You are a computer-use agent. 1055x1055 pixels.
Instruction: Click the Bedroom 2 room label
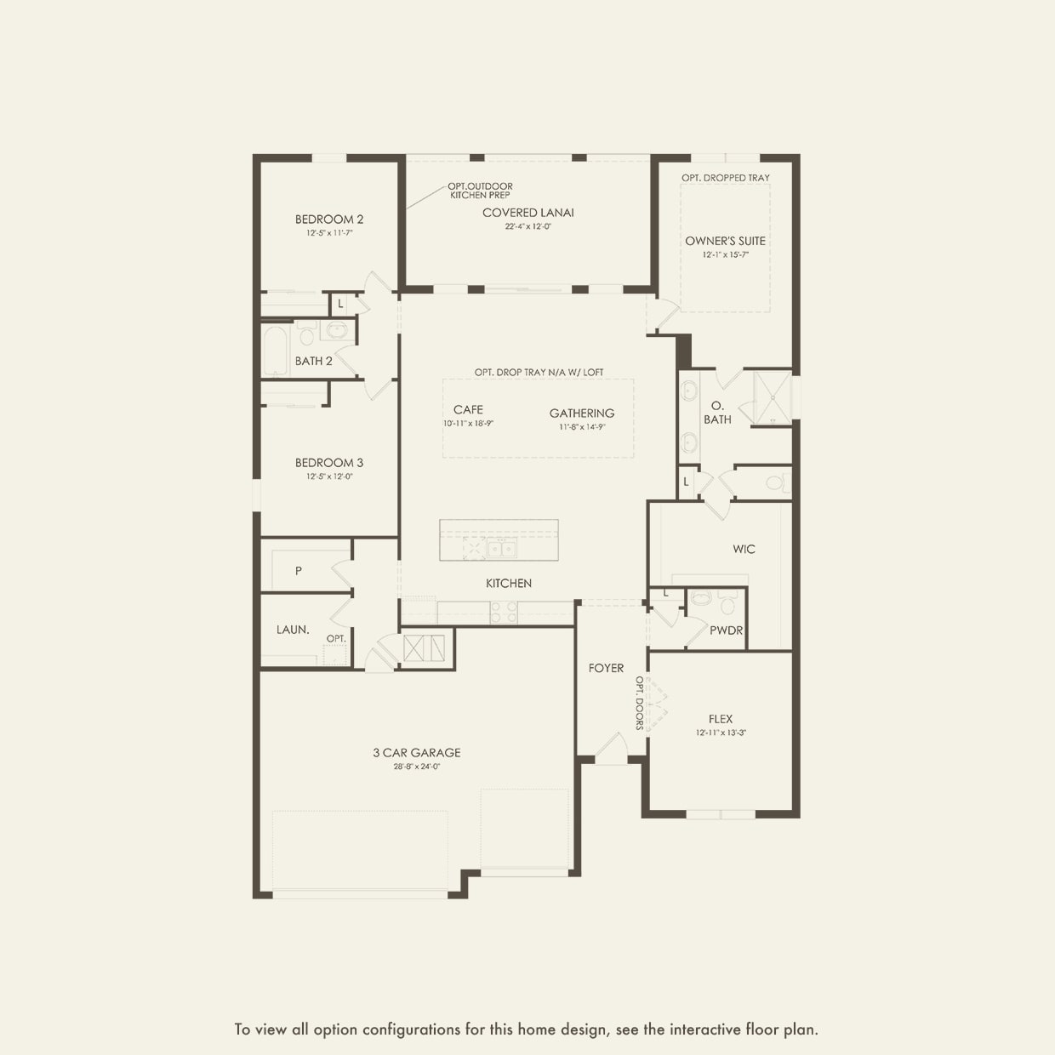point(329,220)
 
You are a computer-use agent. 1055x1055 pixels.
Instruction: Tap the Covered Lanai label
point(527,213)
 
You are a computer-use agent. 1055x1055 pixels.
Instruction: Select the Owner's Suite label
point(725,241)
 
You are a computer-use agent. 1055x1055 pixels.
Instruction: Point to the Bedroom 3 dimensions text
point(329,477)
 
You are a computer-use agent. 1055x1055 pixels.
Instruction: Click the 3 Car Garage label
point(416,753)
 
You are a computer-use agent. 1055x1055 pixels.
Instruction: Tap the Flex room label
point(720,719)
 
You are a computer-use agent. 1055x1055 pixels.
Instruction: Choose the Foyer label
point(606,669)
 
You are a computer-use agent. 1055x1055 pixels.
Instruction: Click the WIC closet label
point(744,550)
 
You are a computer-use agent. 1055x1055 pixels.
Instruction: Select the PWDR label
point(726,630)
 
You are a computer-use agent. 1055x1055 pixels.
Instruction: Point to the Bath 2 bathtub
point(275,351)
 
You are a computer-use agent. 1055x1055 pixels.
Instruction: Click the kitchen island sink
point(500,549)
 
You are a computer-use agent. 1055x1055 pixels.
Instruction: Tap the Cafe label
point(468,409)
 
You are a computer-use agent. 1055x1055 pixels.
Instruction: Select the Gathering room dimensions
point(582,427)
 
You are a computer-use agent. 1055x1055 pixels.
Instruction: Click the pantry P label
point(298,571)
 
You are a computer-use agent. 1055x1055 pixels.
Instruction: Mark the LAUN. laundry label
point(293,630)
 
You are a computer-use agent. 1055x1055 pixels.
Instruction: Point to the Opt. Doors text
point(639,703)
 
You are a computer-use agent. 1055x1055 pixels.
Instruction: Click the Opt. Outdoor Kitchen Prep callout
point(481,191)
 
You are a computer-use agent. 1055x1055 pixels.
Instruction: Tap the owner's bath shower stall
point(770,397)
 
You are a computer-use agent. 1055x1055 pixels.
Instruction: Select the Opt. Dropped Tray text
point(725,178)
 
